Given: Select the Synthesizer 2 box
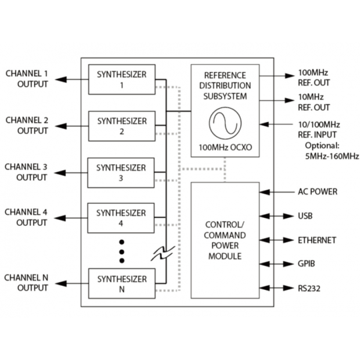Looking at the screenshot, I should [122, 126].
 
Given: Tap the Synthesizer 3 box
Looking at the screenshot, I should [122, 172].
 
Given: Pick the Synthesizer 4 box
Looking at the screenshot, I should [122, 218].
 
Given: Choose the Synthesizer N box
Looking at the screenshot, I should [122, 282].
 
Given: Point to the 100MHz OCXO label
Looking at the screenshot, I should [224, 149].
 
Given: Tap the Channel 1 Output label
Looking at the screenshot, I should [27, 78].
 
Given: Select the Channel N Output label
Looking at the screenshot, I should [27, 282].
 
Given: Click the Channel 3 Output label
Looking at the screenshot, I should [27, 172].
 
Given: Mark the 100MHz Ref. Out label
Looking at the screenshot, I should [314, 77].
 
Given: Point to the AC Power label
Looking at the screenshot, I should [317, 192].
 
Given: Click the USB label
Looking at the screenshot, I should [305, 216].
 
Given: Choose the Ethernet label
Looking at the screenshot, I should [317, 240].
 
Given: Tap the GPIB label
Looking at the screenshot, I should [307, 264].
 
